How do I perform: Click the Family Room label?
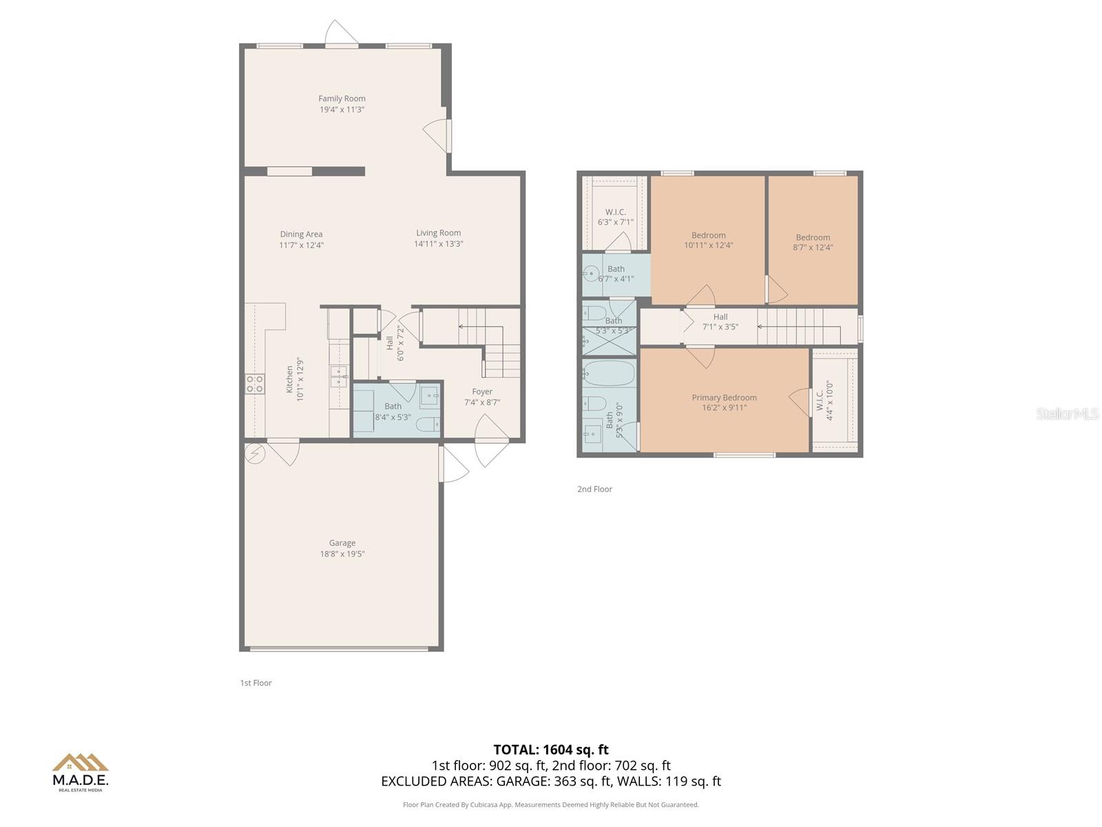[342, 99]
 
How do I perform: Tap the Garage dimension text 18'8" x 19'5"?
[342, 554]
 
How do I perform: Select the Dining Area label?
[301, 234]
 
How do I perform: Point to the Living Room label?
[438, 233]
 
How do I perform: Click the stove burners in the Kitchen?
[255, 384]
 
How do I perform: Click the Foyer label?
[482, 391]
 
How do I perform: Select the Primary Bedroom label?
[724, 398]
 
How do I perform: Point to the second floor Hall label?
[720, 317]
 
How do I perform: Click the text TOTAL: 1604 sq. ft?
[551, 750]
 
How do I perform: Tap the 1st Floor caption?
[256, 683]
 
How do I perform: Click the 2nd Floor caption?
[594, 489]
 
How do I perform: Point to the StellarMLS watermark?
[1067, 413]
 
